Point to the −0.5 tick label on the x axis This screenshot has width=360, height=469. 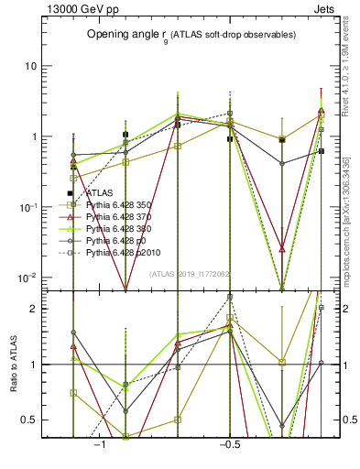(227, 443)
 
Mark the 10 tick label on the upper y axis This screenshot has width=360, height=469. (32, 67)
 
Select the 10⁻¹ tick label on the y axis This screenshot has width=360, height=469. (28, 207)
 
